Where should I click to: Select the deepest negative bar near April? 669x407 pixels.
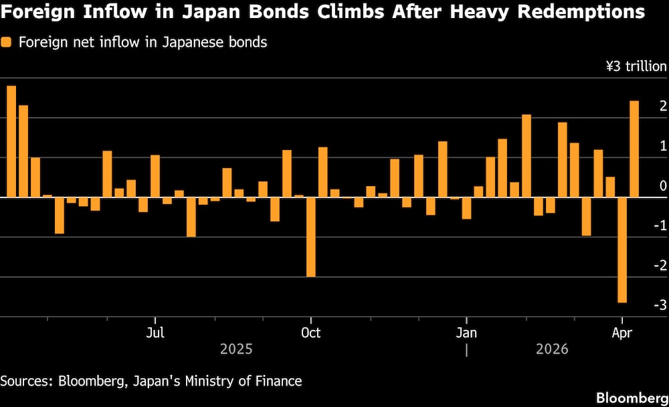click(x=622, y=250)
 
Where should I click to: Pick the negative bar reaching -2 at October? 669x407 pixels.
click(x=310, y=237)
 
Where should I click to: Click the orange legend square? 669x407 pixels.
click(x=7, y=43)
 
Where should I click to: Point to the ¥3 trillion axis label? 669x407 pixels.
click(x=636, y=66)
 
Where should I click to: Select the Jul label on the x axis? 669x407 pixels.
click(x=155, y=333)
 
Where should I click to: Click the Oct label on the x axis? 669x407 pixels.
click(x=310, y=333)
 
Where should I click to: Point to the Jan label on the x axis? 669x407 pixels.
click(x=466, y=333)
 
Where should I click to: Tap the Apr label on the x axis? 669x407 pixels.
click(x=622, y=333)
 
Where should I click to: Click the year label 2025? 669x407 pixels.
click(x=236, y=349)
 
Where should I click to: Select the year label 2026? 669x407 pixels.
click(x=552, y=349)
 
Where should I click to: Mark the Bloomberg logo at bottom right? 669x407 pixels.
click(x=632, y=395)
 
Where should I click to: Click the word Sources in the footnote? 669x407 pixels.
click(x=26, y=382)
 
